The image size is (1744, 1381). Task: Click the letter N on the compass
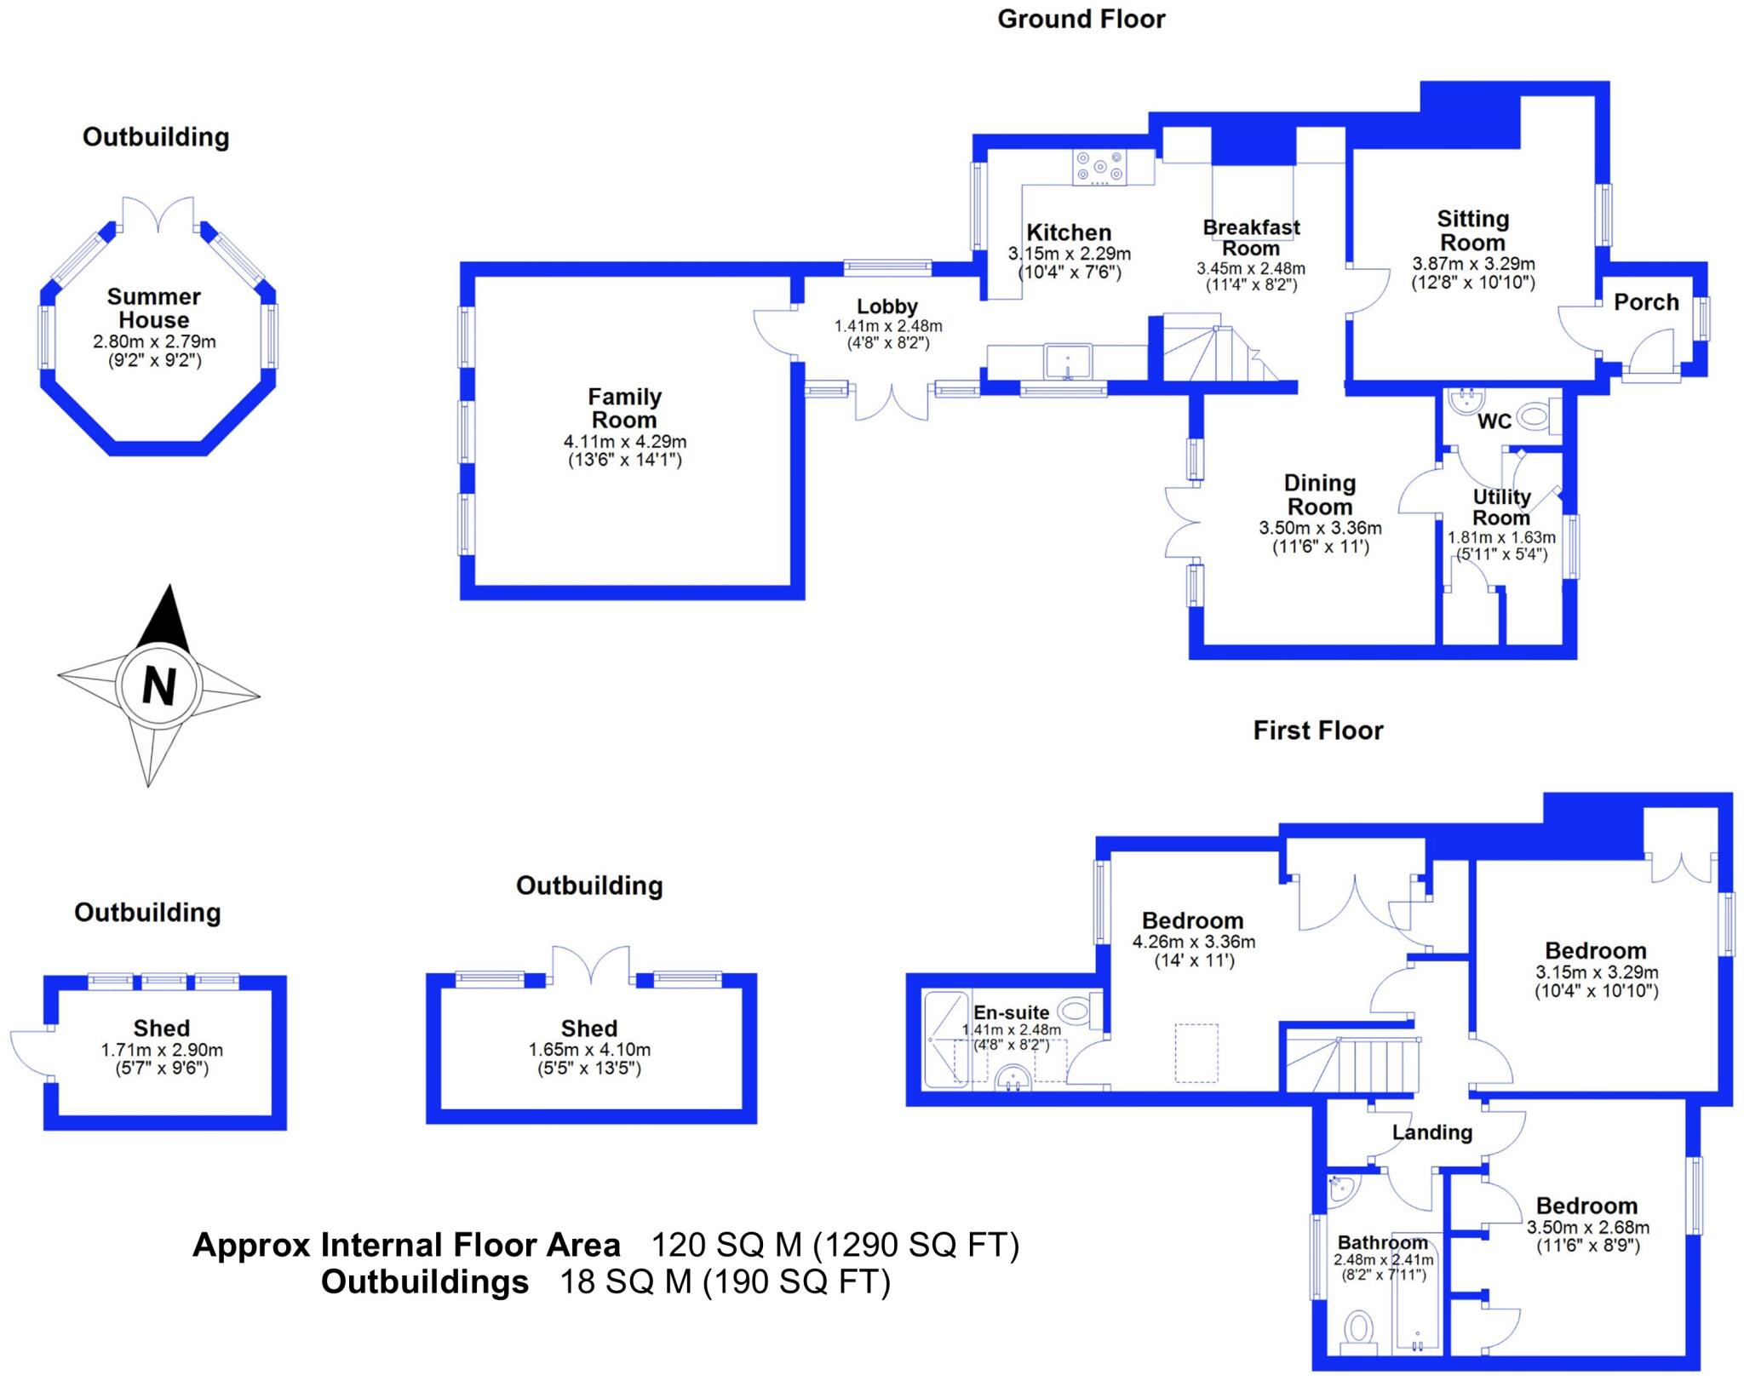pos(159,685)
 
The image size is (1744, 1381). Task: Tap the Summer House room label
pos(154,308)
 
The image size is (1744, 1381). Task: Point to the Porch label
pos(1646,302)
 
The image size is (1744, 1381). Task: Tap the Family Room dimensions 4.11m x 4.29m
pos(625,442)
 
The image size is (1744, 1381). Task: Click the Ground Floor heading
pos(1081,19)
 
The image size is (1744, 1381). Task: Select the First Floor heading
pos(1317,730)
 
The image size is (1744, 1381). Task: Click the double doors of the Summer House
pos(158,214)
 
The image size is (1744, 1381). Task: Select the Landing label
pos(1431,1132)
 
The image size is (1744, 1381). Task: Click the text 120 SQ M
pos(726,1245)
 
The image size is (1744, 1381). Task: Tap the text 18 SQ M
pos(625,1281)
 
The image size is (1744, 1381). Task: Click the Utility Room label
pos(1501,507)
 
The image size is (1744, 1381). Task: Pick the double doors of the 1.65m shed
pos(591,966)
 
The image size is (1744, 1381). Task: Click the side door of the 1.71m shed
pos(30,1054)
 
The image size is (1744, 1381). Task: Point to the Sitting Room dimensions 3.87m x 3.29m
pos(1473,264)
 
